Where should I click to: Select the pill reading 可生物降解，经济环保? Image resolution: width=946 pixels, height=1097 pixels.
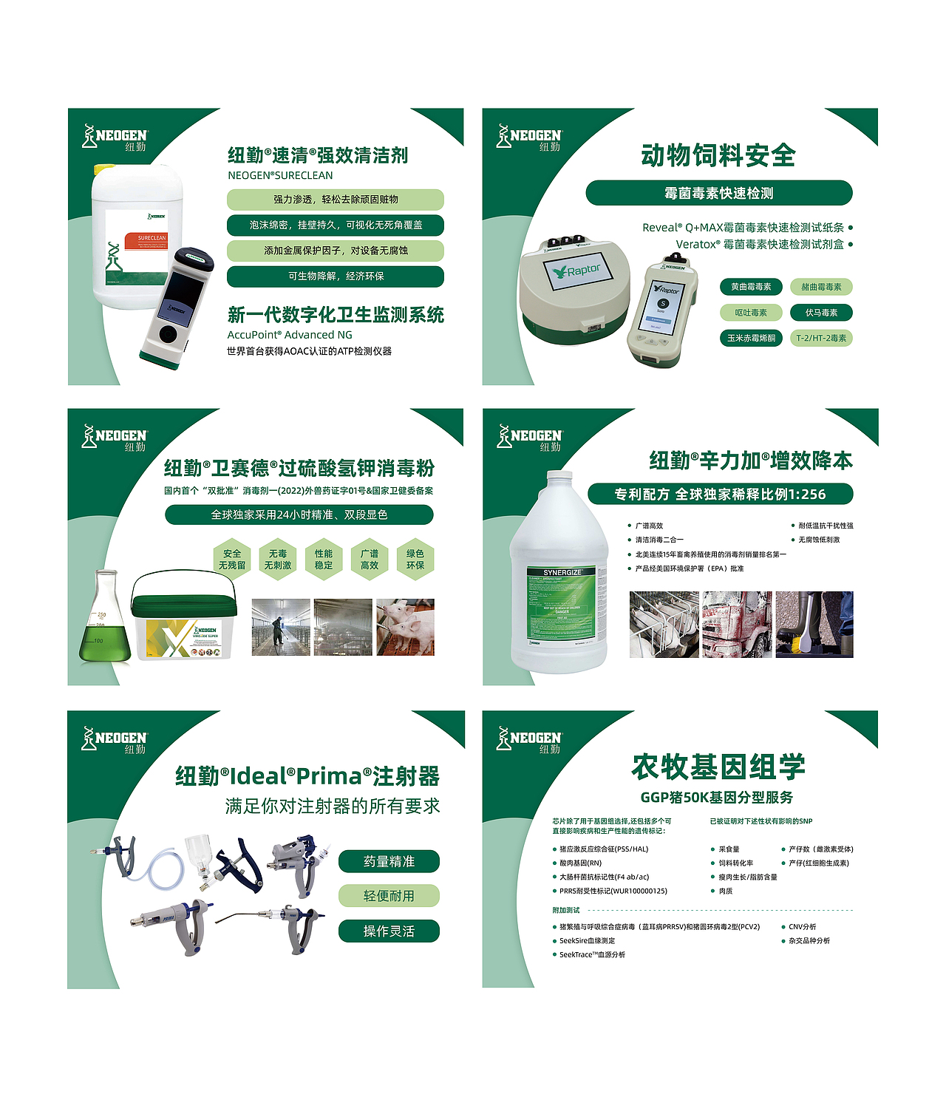(x=336, y=276)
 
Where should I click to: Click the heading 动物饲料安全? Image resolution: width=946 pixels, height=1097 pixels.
(x=718, y=155)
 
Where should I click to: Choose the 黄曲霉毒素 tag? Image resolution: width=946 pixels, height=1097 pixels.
(x=751, y=287)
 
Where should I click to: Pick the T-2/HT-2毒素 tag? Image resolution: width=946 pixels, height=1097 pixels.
(x=821, y=338)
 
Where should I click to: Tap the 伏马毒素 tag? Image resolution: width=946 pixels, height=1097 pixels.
(x=821, y=313)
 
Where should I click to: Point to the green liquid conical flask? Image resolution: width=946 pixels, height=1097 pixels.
(x=105, y=621)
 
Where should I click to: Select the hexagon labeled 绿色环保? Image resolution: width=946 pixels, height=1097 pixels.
(x=415, y=560)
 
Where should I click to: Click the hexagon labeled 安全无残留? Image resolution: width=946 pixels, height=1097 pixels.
(x=232, y=560)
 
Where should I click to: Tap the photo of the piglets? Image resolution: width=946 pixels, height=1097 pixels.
(x=405, y=628)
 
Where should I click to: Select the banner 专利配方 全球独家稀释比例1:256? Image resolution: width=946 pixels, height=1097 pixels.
(x=720, y=495)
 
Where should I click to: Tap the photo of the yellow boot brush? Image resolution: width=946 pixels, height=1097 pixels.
(x=814, y=625)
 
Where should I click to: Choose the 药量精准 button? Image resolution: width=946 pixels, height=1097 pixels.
(x=389, y=862)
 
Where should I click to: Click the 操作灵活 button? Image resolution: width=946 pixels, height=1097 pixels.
(x=389, y=931)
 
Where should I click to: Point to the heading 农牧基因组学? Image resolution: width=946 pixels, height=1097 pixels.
(x=718, y=767)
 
